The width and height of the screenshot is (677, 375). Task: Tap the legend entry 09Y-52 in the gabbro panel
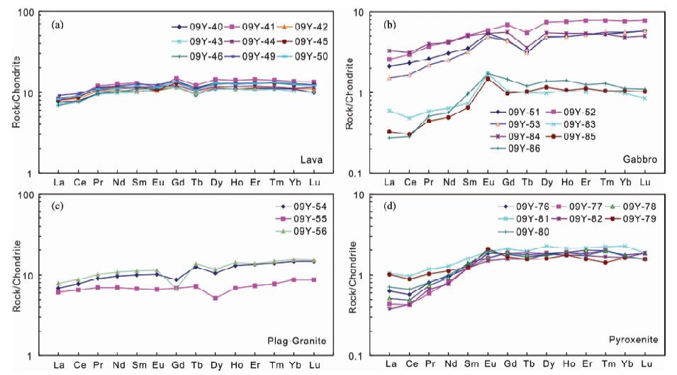(x=581, y=111)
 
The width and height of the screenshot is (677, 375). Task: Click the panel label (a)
(x=60, y=25)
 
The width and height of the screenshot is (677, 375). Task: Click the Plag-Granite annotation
(x=298, y=341)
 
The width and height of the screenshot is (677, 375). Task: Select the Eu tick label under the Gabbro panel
(x=487, y=183)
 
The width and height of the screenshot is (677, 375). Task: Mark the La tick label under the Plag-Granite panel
(x=58, y=365)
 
